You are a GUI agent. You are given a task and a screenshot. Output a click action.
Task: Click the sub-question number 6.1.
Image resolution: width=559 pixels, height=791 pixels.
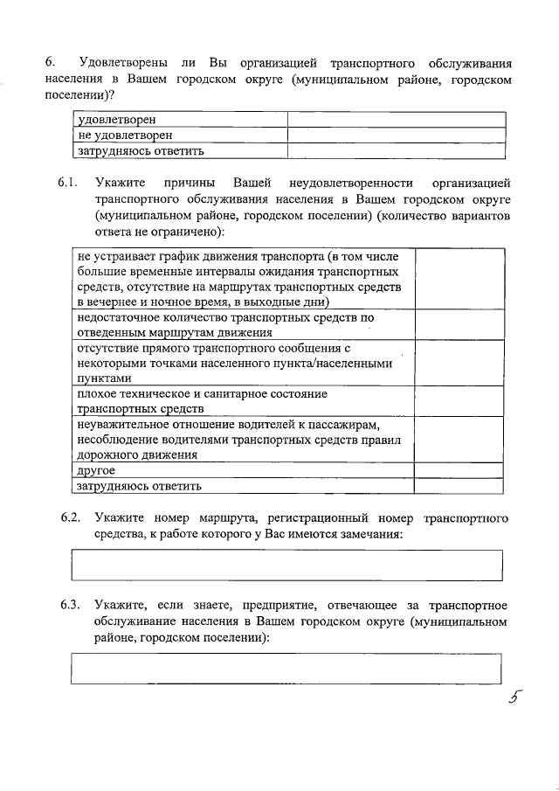69,183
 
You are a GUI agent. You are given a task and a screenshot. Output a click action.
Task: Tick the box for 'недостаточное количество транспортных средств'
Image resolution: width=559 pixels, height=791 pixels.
459,324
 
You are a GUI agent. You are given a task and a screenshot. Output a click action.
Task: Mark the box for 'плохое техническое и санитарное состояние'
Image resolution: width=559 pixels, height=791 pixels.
459,401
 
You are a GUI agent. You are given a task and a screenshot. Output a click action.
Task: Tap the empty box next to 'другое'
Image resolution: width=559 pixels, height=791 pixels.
459,470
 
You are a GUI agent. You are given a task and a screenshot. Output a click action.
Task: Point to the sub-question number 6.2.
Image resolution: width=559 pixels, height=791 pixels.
71,518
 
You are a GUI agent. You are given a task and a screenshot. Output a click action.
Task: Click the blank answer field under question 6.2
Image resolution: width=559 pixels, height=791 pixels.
286,565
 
